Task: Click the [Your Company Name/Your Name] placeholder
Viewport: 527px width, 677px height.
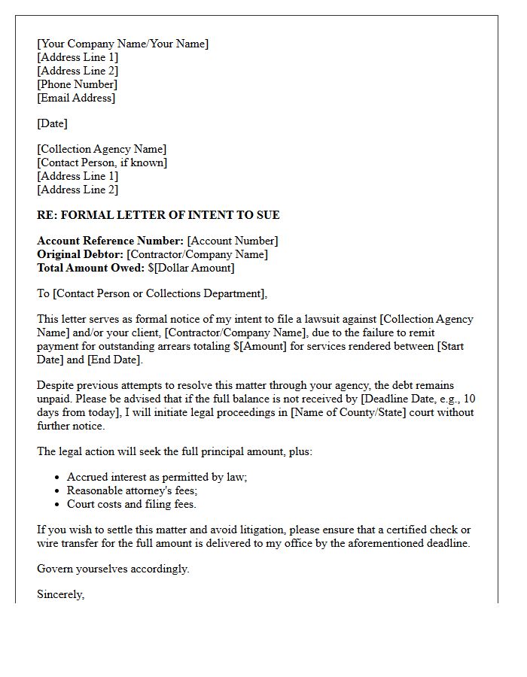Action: pyautogui.click(x=123, y=44)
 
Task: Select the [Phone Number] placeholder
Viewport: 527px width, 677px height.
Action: pyautogui.click(x=78, y=84)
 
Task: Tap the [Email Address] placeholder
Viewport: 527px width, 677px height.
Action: pyautogui.click(x=76, y=98)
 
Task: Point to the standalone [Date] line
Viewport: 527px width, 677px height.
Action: pyautogui.click(x=52, y=123)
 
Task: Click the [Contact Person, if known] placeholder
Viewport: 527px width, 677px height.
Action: pyautogui.click(x=102, y=162)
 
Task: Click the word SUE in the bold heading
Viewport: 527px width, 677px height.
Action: pyautogui.click(x=267, y=215)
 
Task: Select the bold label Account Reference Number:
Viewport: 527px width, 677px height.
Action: pyautogui.click(x=110, y=241)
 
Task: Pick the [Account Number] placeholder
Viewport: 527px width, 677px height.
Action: pyautogui.click(x=233, y=241)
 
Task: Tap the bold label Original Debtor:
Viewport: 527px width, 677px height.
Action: pyautogui.click(x=80, y=254)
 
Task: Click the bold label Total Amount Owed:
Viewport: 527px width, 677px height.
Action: pyautogui.click(x=90, y=268)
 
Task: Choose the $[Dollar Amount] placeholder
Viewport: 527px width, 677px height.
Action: pyautogui.click(x=191, y=268)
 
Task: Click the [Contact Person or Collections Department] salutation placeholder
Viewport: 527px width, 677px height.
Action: pyautogui.click(x=159, y=293)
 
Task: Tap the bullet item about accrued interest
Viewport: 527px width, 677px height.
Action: pyautogui.click(x=157, y=477)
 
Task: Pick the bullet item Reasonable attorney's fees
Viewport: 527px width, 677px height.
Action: pyautogui.click(x=132, y=490)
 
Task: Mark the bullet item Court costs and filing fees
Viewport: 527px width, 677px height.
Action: pyautogui.click(x=131, y=504)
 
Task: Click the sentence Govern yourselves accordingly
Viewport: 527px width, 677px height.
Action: pyautogui.click(x=113, y=569)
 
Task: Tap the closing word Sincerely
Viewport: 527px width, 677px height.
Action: pyautogui.click(x=60, y=594)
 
